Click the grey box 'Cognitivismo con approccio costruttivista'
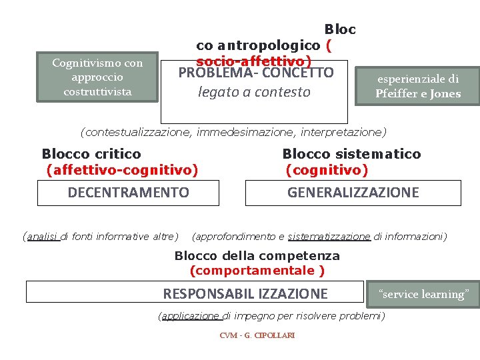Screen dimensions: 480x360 click(98, 77)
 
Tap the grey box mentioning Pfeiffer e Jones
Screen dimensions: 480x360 click(418, 86)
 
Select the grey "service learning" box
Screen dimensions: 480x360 click(423, 294)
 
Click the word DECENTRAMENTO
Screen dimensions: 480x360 click(129, 193)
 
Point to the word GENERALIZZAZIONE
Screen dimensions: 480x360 click(353, 193)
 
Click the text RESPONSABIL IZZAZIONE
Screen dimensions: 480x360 click(245, 293)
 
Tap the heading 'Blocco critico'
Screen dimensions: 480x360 click(91, 154)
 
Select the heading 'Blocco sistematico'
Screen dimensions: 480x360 click(351, 154)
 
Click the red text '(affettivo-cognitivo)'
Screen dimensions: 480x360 click(122, 171)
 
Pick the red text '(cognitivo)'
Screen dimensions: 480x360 click(327, 171)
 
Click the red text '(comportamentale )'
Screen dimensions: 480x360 click(257, 271)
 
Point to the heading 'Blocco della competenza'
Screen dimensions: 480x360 click(257, 256)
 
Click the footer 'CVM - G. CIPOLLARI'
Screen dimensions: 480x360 click(257, 335)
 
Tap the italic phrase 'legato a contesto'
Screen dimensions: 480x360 click(254, 92)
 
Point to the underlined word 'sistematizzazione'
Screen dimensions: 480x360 click(329, 236)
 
